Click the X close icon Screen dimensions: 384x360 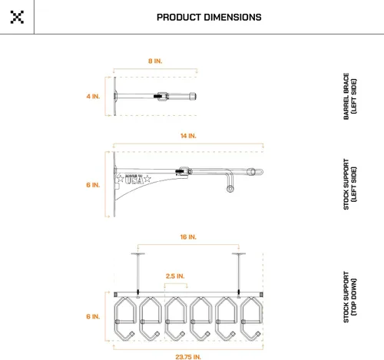(x=17, y=17)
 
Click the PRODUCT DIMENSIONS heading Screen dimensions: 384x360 (x=209, y=18)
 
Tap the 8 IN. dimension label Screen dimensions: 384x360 (x=155, y=61)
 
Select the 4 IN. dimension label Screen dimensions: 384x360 (x=93, y=97)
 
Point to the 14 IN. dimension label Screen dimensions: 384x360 (x=188, y=136)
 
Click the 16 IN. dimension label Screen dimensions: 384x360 (x=188, y=237)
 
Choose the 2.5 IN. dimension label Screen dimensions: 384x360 (x=175, y=276)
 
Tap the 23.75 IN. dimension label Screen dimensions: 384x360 (x=188, y=357)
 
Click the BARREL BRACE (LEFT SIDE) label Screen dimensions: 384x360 (x=349, y=96)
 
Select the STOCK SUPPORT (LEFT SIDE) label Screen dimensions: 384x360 (x=349, y=184)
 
